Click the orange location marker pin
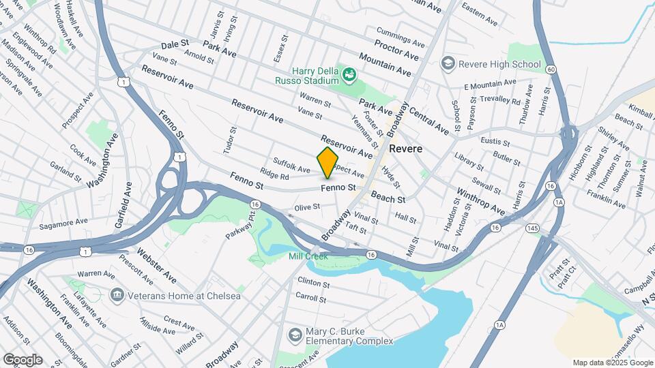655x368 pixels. pos(327,162)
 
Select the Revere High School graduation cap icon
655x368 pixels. pos(448,64)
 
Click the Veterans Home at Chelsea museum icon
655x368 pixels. pos(116,295)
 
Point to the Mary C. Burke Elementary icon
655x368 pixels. pos(294,335)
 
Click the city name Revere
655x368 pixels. pos(407,149)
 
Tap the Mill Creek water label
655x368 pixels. pos(308,256)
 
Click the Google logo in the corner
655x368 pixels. pos(22,359)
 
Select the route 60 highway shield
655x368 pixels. pos(551,69)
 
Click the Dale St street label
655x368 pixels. pos(175,44)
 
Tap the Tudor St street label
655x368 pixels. pos(227,139)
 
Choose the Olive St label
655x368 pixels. pos(307,206)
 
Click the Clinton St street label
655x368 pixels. pos(313,281)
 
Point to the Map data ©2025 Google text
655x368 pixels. pos(613,363)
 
